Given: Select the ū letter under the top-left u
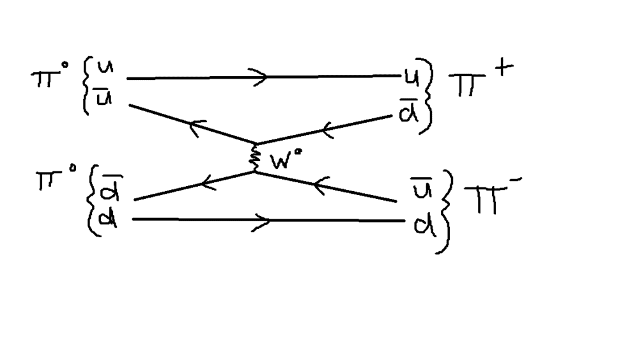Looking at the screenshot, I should (97, 98).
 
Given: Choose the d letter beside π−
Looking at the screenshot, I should (421, 224).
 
